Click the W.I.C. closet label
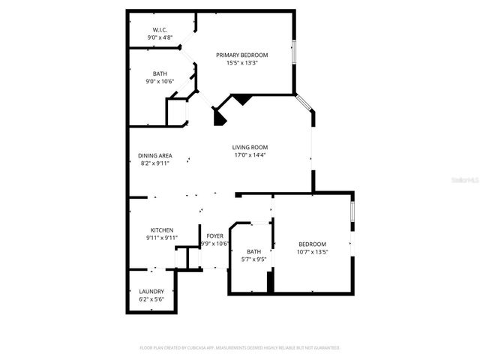click(160, 29)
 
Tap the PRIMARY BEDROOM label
click(241, 55)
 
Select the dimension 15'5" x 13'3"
click(241, 63)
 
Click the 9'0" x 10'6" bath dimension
click(160, 82)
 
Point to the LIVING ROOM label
click(250, 147)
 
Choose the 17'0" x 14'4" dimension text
click(250, 155)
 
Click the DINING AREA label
click(154, 155)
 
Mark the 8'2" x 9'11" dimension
click(154, 163)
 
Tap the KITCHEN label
click(162, 229)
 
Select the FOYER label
click(215, 235)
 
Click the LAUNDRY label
click(151, 291)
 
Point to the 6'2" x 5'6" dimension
click(151, 299)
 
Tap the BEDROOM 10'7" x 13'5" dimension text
click(312, 253)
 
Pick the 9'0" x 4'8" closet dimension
click(160, 37)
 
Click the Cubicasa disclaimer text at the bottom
click(240, 348)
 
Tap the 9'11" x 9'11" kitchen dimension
click(162, 238)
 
